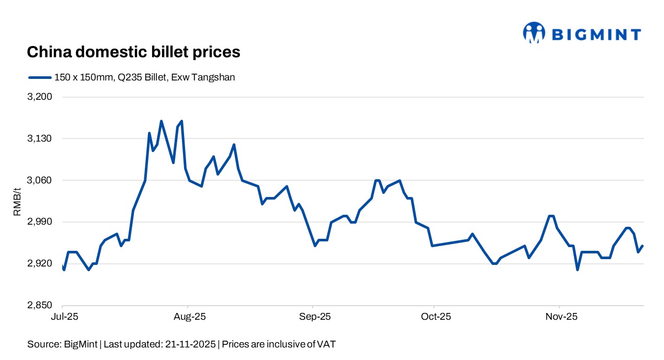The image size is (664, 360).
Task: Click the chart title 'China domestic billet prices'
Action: pyautogui.click(x=133, y=52)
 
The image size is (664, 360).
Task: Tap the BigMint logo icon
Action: pyautogui.click(x=534, y=32)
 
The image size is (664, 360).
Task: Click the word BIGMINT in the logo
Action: pyautogui.click(x=596, y=35)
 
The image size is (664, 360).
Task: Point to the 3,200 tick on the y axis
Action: pyautogui.click(x=43, y=97)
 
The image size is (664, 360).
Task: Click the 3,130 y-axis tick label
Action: pyautogui.click(x=43, y=139)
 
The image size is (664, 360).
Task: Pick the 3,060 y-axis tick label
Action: pyautogui.click(x=43, y=181)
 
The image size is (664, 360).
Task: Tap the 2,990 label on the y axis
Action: pyautogui.click(x=43, y=222)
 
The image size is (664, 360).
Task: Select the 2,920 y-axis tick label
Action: pyautogui.click(x=43, y=264)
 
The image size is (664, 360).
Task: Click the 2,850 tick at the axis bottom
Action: pyautogui.click(x=43, y=306)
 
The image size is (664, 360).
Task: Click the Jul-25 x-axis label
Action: pyautogui.click(x=62, y=317)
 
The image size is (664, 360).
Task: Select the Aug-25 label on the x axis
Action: pyautogui.click(x=188, y=317)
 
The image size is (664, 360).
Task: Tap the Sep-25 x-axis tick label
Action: pyautogui.click(x=313, y=317)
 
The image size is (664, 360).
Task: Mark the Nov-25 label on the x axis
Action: pyautogui.click(x=559, y=317)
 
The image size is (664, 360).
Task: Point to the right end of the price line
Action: pyautogui.click(x=643, y=246)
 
